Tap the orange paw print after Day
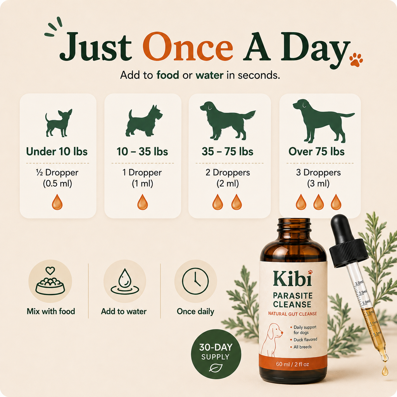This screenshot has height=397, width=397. (356, 60)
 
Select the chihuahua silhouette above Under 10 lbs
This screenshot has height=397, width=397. (59, 123)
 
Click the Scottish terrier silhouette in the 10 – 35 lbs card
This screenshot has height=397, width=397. (144, 121)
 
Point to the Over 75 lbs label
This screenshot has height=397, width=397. (316, 152)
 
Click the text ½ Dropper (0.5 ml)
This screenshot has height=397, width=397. (57, 178)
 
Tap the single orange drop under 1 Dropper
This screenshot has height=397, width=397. (143, 202)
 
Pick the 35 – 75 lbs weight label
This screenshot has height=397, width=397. (228, 152)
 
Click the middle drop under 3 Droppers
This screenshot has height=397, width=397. (319, 202)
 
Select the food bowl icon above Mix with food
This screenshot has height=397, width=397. (50, 281)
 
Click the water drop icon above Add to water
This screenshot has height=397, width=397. (124, 281)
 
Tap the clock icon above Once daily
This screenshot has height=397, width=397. (195, 281)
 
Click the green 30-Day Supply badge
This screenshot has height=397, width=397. (216, 354)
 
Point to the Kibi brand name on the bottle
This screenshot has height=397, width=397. (293, 278)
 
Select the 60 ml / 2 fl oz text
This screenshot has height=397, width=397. (292, 364)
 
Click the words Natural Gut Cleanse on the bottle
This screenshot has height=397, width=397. (292, 314)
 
